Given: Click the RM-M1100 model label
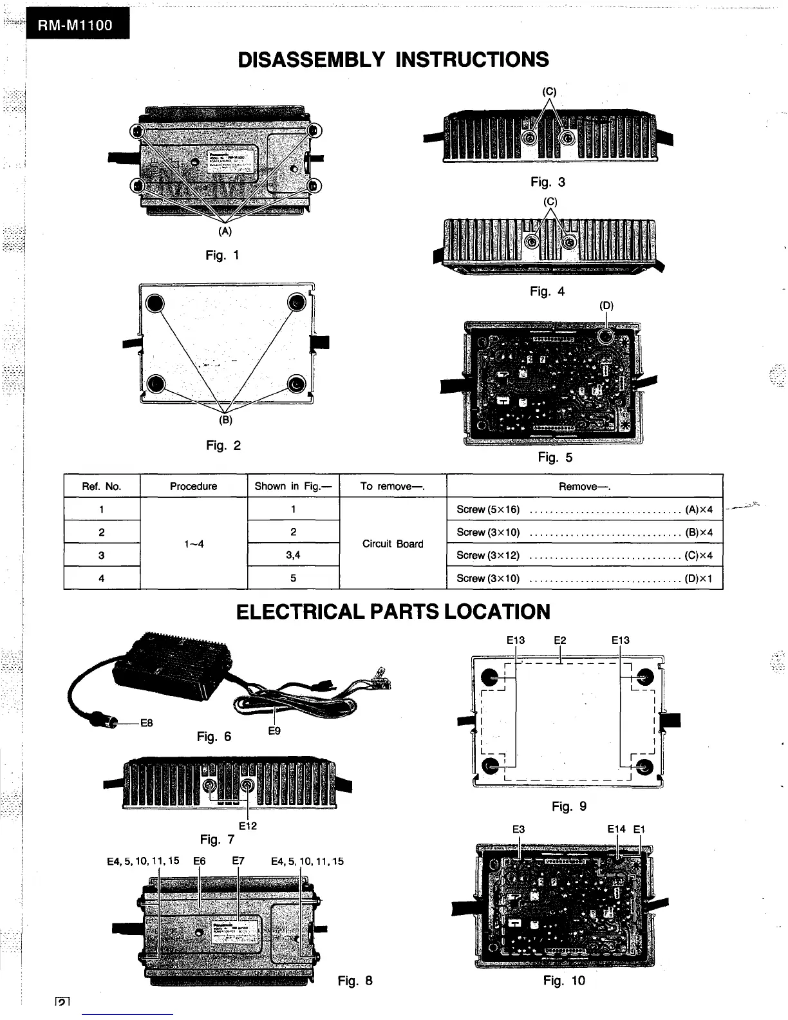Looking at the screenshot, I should point(76,26).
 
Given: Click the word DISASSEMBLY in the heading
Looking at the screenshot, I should point(311,60).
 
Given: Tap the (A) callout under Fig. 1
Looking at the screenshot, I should point(225,231).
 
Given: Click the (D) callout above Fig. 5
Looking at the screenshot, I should point(606,306).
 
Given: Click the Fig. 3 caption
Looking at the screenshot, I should point(547,182).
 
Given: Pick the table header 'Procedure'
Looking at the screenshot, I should point(193,486).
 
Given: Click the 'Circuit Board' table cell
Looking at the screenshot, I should point(393,543).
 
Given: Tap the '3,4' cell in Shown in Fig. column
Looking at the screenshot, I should point(293,555).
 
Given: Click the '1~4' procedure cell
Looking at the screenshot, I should point(193,543).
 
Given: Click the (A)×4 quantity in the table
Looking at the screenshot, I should point(699,509).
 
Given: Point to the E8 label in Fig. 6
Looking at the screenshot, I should point(147,722).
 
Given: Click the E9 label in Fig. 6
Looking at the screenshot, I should point(274,731).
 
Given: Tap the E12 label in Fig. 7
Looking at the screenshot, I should point(248,826).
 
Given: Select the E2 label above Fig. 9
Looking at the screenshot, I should point(560,640).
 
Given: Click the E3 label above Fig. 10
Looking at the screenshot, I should point(518,829).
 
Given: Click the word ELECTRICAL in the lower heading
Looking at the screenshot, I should point(301,612).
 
